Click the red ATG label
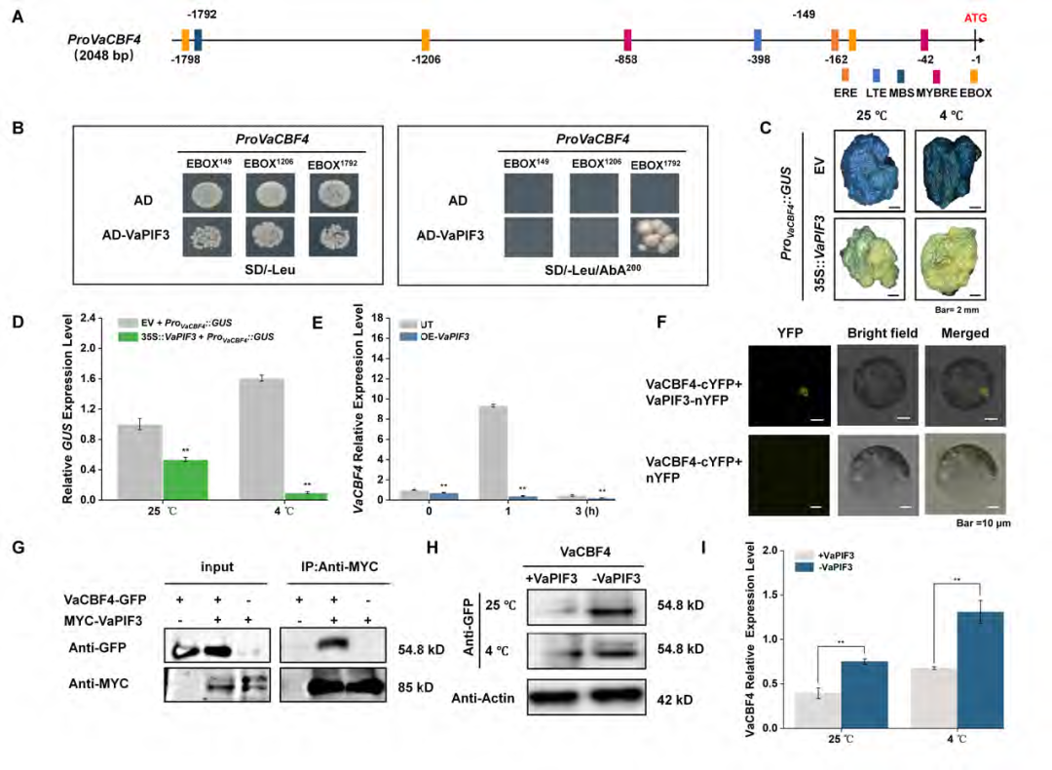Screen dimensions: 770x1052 pos(973,18)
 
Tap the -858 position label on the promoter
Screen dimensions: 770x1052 pos(626,59)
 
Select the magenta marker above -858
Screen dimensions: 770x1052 pos(628,39)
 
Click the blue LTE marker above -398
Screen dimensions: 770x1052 pos(758,39)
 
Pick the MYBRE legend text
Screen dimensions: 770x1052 pos(937,93)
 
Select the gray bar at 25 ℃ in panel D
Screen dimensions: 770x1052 pos(139,462)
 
